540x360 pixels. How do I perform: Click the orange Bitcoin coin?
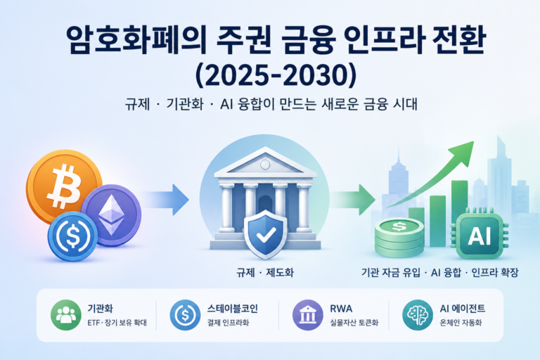[x=64, y=186]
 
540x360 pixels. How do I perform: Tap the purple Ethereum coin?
[x=111, y=215]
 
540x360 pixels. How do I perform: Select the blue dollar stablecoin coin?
[x=72, y=236]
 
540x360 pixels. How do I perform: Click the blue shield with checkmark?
[x=265, y=234]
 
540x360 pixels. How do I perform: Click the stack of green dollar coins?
[x=399, y=238]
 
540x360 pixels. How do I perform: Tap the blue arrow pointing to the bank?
[x=165, y=200]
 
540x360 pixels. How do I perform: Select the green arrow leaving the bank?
[x=353, y=200]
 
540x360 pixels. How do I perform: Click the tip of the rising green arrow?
[x=473, y=141]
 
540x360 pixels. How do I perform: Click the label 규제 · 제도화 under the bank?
[x=265, y=273]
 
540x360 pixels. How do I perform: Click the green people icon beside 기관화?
[x=66, y=315]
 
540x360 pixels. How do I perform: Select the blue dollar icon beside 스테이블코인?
[x=185, y=315]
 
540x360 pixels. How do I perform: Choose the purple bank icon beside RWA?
[x=307, y=315]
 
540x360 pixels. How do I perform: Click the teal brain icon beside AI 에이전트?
[x=418, y=315]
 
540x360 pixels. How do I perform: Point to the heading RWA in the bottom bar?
[x=341, y=309]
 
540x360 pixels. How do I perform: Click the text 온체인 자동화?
[x=461, y=323]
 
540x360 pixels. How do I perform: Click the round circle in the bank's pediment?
[x=265, y=165]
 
